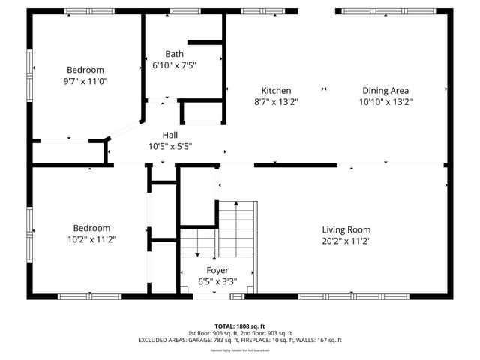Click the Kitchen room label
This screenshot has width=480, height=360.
271,90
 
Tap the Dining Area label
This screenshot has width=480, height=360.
385,90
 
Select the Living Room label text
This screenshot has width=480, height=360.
346,229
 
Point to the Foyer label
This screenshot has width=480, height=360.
217,270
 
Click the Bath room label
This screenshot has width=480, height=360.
174,54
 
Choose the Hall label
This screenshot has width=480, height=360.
170,135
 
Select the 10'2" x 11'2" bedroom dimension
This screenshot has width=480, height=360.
91,239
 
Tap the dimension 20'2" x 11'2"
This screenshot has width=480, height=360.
346,241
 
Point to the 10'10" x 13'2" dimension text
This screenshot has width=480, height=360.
385,101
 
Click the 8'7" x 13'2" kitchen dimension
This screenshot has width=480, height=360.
271,101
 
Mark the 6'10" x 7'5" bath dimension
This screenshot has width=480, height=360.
174,65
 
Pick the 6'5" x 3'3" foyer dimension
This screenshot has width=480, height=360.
217,281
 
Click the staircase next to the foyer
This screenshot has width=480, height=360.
237,225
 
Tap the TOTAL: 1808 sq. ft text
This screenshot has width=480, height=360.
240,327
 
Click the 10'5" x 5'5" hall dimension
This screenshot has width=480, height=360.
170,146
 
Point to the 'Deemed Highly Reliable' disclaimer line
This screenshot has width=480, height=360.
240,349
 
